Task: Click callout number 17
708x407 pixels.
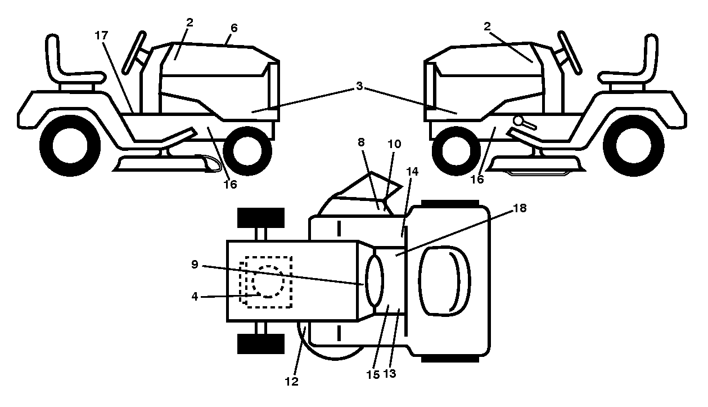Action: coord(101,35)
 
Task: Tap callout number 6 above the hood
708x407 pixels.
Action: coord(234,28)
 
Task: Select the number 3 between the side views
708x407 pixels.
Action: coord(359,86)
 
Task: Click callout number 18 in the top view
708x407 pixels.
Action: coord(520,208)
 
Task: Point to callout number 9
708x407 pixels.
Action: coord(195,264)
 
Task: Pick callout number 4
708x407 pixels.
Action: coord(195,296)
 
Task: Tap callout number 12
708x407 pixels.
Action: coord(291,381)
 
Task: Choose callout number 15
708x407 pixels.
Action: coord(373,375)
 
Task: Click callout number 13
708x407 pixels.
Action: coord(389,373)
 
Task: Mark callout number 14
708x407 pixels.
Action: coord(412,172)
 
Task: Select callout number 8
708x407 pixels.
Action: coord(361,142)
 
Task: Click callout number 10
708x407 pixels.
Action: coord(394,144)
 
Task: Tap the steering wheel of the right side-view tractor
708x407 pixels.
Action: coord(570,53)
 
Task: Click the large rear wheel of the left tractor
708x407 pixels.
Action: coord(70,146)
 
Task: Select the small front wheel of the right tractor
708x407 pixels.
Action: coord(456,151)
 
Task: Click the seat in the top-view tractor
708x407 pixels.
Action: coord(444,281)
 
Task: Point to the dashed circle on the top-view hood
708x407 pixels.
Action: coord(268,281)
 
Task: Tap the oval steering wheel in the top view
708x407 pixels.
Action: coord(374,281)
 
